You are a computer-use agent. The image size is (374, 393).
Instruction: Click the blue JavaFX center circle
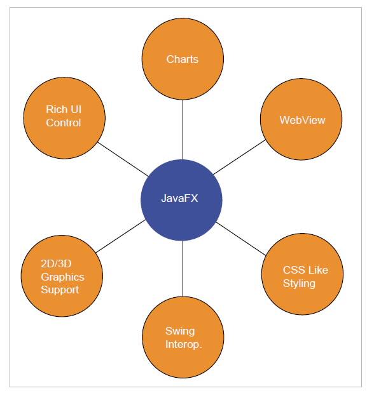(181, 199)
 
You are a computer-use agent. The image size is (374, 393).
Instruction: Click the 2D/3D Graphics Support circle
(62, 276)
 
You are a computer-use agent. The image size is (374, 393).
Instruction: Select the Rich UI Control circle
(64, 117)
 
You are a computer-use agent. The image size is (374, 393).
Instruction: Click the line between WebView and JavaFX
(239, 157)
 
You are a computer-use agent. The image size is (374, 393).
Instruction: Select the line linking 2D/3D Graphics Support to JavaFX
(121, 236)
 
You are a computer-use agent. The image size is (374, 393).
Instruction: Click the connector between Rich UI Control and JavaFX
(123, 157)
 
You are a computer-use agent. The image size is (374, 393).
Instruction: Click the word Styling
(299, 283)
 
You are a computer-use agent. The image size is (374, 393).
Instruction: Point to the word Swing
(180, 331)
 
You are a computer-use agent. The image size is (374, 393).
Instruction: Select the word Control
(64, 123)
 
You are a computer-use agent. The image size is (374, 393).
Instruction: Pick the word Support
(60, 290)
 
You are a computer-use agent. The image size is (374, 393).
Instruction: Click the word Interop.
(184, 344)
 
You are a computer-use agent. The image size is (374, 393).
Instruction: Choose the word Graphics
(62, 277)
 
